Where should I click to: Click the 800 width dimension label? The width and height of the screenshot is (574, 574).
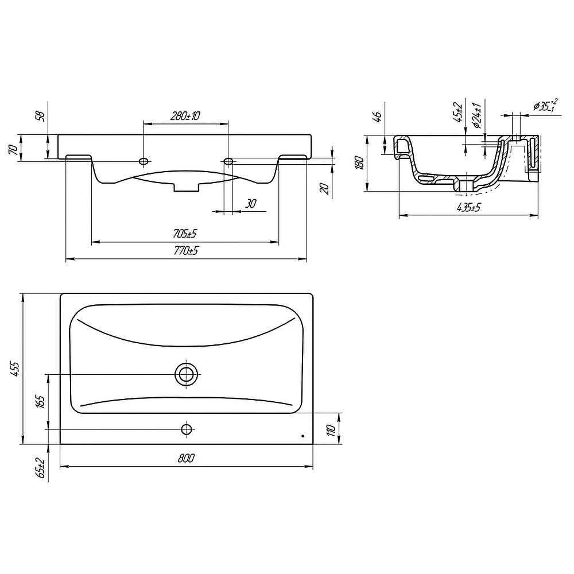(x=186, y=458)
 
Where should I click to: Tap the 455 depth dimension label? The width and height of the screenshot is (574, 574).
(x=15, y=369)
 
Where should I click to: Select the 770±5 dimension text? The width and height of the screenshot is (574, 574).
(x=186, y=251)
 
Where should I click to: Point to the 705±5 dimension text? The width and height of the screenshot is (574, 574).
(x=185, y=233)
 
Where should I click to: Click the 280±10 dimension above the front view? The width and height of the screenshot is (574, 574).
(x=185, y=116)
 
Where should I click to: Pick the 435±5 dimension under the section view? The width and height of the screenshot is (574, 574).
(x=468, y=208)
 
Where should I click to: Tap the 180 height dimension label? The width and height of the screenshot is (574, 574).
(x=359, y=162)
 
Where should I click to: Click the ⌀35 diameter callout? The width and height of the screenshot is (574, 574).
(x=545, y=105)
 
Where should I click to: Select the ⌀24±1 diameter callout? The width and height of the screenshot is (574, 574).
(x=477, y=116)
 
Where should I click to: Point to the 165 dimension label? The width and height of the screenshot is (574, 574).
(x=40, y=401)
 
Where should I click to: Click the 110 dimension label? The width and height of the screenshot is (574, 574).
(x=331, y=430)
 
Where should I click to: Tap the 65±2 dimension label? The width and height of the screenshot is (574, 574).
(x=40, y=468)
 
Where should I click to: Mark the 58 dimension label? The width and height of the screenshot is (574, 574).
(x=40, y=117)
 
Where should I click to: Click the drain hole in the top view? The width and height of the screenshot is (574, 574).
(x=187, y=374)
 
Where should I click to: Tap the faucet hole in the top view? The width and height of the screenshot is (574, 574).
(x=187, y=429)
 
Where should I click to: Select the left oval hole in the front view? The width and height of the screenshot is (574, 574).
(x=144, y=161)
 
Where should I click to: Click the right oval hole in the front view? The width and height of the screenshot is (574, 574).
(x=228, y=161)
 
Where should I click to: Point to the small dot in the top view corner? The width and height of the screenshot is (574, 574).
(x=302, y=436)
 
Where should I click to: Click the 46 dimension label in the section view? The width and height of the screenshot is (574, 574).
(x=378, y=117)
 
